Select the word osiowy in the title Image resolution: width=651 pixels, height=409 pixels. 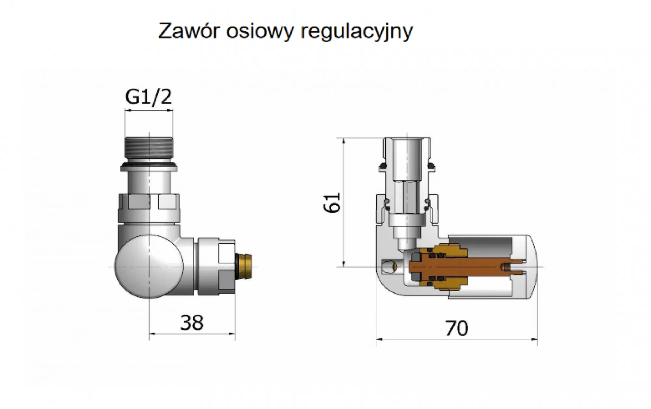tap(260, 32)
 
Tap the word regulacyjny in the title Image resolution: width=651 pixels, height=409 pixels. tap(357, 32)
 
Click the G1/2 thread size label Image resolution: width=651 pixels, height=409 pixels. tap(149, 97)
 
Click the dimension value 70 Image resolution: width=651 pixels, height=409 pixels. tap(457, 328)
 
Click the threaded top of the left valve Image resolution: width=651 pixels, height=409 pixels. tap(149, 149)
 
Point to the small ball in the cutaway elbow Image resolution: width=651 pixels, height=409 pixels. tap(391, 266)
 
